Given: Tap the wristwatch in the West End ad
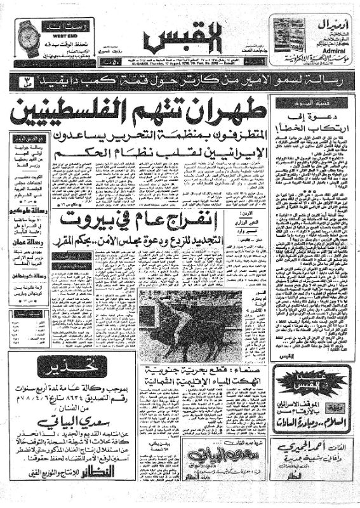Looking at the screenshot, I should pos(29,37).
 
